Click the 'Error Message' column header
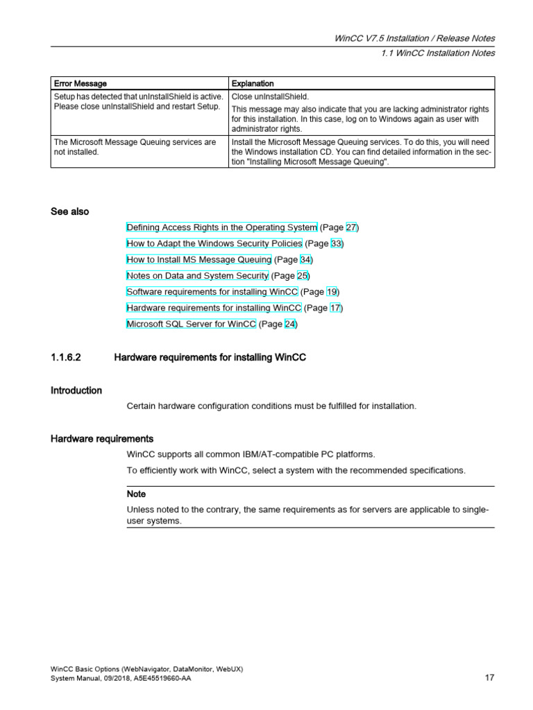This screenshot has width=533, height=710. (81, 84)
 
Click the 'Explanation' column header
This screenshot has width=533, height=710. (253, 84)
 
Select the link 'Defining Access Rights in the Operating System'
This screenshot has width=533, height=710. (222, 227)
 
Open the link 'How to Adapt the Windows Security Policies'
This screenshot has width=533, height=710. (214, 243)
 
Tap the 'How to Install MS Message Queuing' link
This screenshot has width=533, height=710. (198, 259)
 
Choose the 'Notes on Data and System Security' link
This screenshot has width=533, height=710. (197, 275)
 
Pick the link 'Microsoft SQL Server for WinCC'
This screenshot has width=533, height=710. (192, 324)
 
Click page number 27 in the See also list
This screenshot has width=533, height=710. (351, 227)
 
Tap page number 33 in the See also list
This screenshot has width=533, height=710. (336, 243)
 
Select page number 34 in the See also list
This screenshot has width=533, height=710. (305, 259)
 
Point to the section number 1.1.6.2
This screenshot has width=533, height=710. (66, 358)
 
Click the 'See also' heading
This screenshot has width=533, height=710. (69, 211)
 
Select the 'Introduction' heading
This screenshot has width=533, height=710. (76, 390)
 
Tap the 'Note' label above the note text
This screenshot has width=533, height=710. (136, 494)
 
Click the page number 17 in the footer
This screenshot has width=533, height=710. (489, 678)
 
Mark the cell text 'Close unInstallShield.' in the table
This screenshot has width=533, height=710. (270, 96)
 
